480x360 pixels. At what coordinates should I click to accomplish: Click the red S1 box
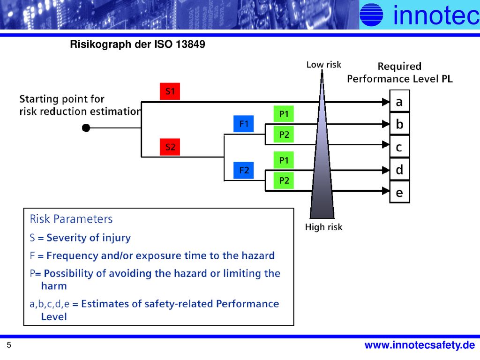click(170, 91)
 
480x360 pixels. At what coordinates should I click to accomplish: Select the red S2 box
click(170, 147)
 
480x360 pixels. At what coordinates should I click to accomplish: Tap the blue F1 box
click(243, 124)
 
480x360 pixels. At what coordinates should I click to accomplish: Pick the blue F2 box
click(243, 170)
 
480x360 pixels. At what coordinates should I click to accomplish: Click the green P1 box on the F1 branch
click(284, 114)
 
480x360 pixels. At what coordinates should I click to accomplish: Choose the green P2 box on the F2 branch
click(284, 180)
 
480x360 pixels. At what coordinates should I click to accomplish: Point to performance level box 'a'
click(399, 101)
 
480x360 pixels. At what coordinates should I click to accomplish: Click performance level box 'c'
click(399, 147)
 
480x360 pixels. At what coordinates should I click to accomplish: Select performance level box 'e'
click(399, 192)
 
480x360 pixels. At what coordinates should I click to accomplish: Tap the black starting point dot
click(86, 127)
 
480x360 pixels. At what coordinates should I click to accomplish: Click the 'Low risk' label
click(323, 65)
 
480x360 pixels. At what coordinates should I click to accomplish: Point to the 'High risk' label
click(323, 227)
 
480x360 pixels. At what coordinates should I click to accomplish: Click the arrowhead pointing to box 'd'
click(386, 170)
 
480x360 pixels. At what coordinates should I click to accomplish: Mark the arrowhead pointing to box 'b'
click(386, 124)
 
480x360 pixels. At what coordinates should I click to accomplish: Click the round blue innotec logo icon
click(371, 14)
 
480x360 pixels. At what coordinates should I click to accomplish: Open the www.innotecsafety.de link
click(420, 345)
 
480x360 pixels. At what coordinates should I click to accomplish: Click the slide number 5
click(9, 345)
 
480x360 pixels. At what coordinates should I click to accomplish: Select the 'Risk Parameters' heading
click(71, 219)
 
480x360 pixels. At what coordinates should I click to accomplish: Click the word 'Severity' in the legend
click(65, 238)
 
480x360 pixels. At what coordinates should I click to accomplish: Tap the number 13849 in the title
click(190, 44)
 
